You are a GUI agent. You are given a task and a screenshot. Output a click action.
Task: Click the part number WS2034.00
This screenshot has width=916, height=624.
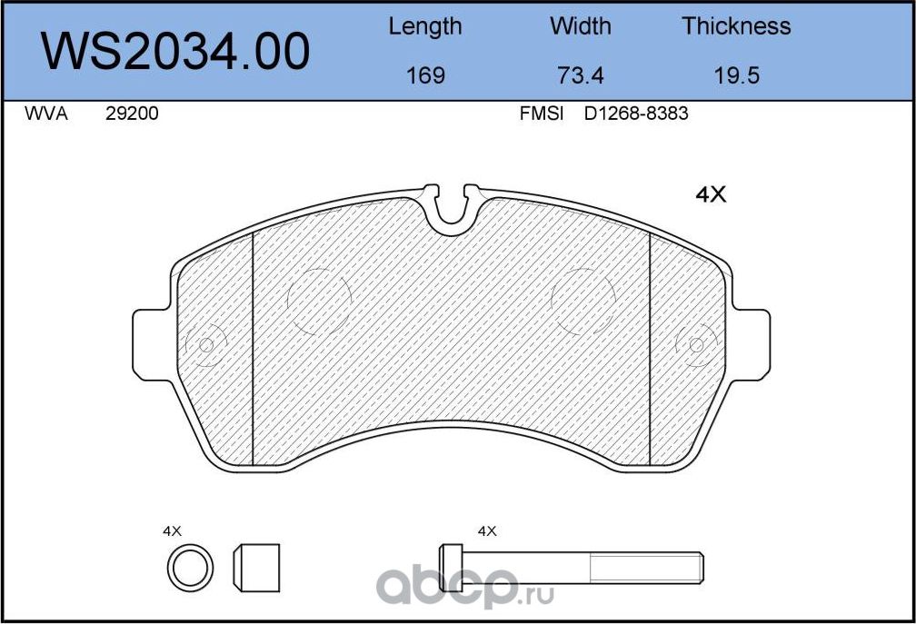[x=175, y=52]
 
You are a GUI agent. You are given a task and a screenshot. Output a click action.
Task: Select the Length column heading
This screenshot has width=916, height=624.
[x=425, y=27]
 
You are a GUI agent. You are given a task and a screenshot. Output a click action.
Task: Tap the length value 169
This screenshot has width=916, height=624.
[x=425, y=75]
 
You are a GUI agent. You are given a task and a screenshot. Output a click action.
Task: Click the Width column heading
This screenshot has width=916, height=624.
[x=580, y=25]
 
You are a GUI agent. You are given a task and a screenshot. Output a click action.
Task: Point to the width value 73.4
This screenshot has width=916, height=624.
[x=580, y=75]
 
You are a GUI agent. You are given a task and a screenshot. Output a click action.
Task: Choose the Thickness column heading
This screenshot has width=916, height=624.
[x=736, y=25]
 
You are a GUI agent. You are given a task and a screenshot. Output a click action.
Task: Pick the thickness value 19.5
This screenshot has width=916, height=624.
[x=737, y=75]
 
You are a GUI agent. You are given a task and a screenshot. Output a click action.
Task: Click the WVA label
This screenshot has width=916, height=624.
[x=46, y=114]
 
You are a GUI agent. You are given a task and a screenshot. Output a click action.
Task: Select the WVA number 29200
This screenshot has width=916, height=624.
[x=132, y=114]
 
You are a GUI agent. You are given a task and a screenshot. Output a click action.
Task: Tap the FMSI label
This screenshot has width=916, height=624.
[x=542, y=114]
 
